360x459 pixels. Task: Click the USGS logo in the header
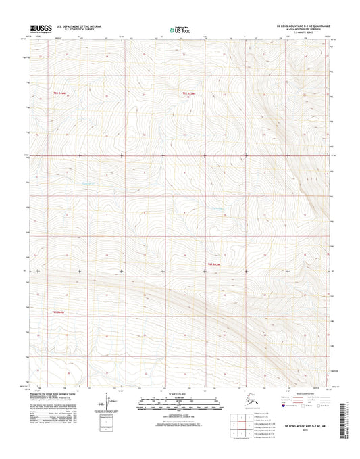tap(42, 28)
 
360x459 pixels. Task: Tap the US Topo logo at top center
tap(179, 29)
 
